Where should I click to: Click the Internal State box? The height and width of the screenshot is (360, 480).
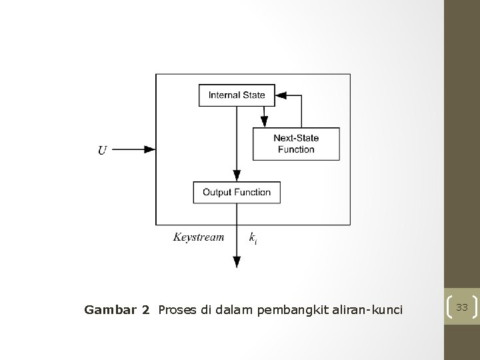237,95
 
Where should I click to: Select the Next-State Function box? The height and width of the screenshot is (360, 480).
296,144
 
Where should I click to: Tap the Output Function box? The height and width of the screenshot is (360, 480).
237,192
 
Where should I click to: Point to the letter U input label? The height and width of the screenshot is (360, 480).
102,151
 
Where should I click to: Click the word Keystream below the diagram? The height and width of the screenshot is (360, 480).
199,237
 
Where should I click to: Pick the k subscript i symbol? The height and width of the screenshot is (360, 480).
253,237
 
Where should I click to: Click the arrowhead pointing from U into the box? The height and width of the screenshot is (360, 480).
151,150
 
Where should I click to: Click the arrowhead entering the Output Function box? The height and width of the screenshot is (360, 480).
236,175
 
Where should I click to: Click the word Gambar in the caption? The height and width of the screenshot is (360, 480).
107,309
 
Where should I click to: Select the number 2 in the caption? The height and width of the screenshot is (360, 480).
146,309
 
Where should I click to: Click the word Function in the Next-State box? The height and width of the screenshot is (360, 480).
296,149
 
